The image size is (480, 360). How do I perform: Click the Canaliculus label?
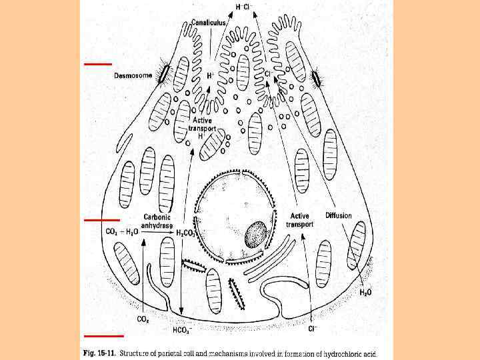(x=209, y=22)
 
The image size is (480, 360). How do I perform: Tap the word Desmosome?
(x=133, y=75)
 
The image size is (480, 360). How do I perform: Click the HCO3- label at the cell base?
(x=182, y=329)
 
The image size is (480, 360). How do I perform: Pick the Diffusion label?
(x=339, y=215)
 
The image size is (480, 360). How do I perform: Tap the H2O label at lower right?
(x=366, y=292)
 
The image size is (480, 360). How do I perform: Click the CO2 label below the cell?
(x=143, y=319)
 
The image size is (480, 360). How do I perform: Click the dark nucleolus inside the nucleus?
(x=256, y=235)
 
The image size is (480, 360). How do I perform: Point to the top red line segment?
(x=98, y=64)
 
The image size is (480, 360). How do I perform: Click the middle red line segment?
(x=102, y=219)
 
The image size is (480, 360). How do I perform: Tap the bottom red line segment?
(x=103, y=335)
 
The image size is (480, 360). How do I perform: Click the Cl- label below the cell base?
(x=311, y=329)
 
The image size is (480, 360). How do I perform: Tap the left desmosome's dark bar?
(x=161, y=75)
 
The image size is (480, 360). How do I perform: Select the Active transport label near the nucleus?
(x=300, y=220)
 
